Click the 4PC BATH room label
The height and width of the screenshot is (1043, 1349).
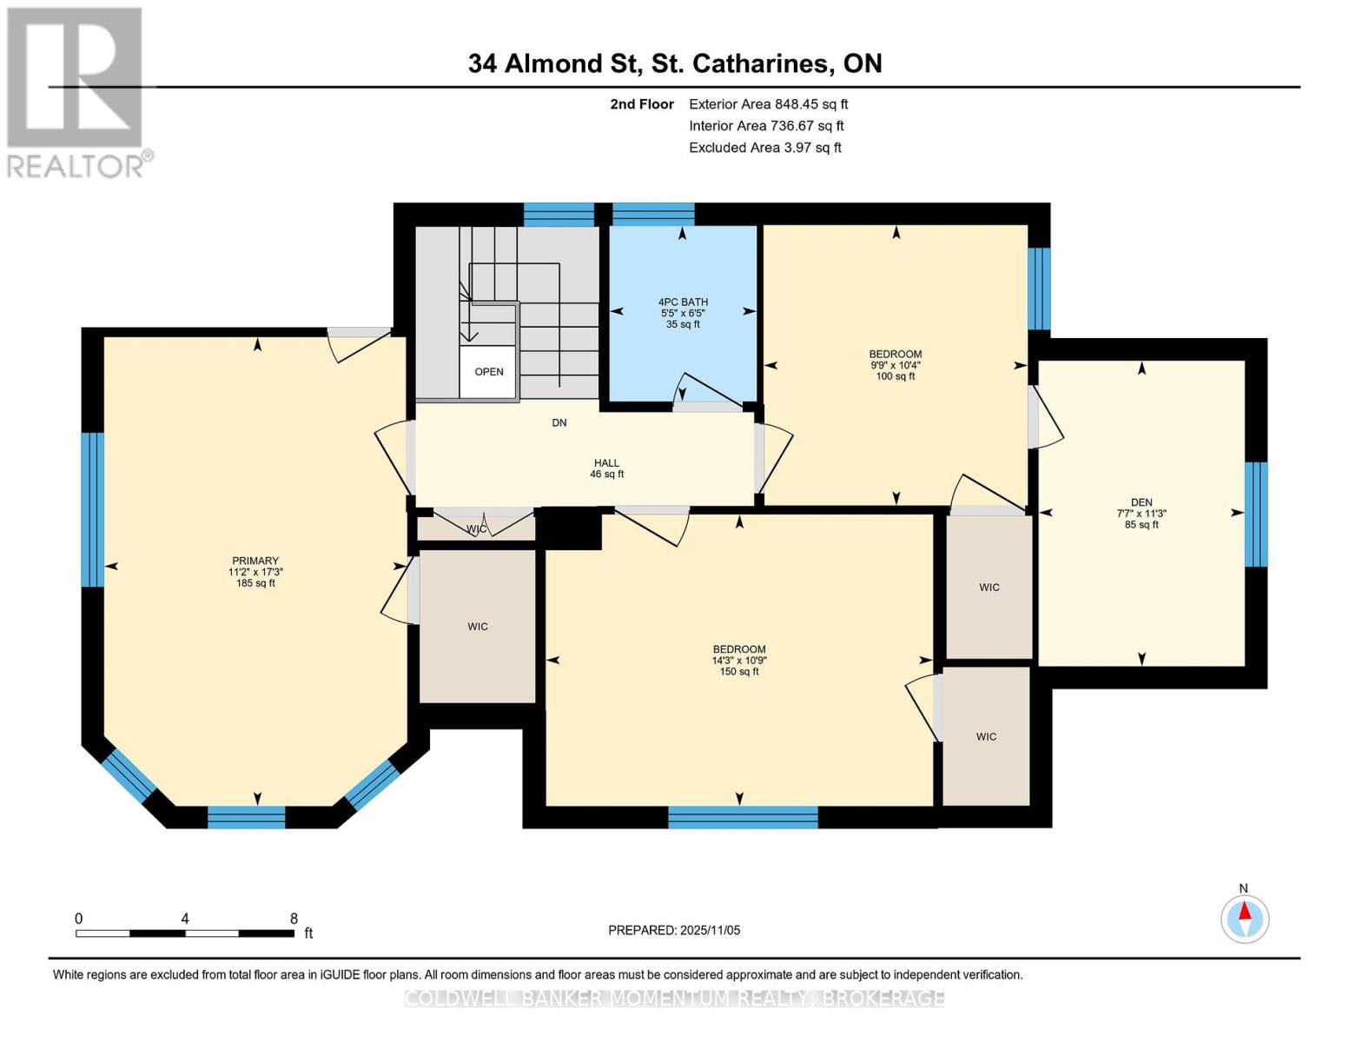click(x=683, y=302)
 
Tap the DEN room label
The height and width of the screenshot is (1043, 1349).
click(x=1141, y=502)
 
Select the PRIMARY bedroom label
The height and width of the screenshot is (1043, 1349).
click(x=255, y=561)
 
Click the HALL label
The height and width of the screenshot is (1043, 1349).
click(x=606, y=463)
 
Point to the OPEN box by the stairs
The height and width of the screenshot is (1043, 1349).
click(x=489, y=372)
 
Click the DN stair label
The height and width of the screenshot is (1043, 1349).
click(x=559, y=423)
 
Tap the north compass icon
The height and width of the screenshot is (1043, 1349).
click(x=1245, y=918)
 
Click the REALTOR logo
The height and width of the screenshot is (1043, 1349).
click(x=76, y=92)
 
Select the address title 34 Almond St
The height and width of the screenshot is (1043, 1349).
click(x=674, y=63)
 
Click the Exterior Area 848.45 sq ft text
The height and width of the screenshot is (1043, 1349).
click(x=768, y=104)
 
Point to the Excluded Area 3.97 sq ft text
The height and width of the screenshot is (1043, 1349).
click(x=764, y=148)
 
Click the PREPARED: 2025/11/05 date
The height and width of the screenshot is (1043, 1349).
click(x=674, y=930)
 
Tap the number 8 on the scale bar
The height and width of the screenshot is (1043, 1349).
click(x=294, y=919)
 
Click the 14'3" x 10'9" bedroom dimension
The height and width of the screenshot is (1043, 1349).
click(x=739, y=661)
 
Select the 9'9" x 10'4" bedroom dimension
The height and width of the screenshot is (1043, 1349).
click(x=895, y=366)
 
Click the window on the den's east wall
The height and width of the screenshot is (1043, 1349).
click(x=1255, y=514)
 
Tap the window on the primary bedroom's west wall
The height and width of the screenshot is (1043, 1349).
click(x=93, y=509)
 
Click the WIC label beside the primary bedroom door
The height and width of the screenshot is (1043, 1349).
click(x=478, y=626)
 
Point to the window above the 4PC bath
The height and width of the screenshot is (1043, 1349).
click(x=653, y=214)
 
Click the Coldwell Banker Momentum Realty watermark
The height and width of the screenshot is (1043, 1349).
click(x=674, y=999)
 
